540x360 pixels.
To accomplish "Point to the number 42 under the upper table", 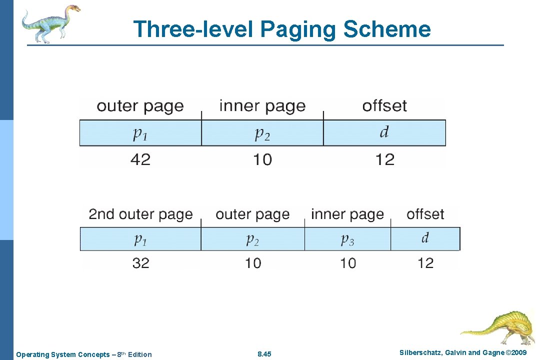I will [x=140, y=159].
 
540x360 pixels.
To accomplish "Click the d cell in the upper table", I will [x=384, y=132].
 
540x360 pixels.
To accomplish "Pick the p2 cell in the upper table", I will [x=262, y=132].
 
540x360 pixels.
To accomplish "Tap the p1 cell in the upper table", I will [x=140, y=132].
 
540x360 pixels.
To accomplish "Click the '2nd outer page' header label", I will [x=140, y=214].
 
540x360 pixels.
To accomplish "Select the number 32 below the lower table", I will [x=140, y=263].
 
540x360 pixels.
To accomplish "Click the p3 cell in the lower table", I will [x=347, y=239].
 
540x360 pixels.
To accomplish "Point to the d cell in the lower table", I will [x=425, y=238].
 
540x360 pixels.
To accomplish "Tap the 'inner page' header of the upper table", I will [x=262, y=106].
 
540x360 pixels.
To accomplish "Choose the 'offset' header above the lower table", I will [x=425, y=214].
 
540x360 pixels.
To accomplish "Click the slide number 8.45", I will [x=264, y=354].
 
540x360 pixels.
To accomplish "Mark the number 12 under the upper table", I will [x=385, y=159].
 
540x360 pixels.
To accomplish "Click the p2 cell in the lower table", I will [x=252, y=239].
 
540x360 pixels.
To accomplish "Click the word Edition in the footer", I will [x=139, y=354].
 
